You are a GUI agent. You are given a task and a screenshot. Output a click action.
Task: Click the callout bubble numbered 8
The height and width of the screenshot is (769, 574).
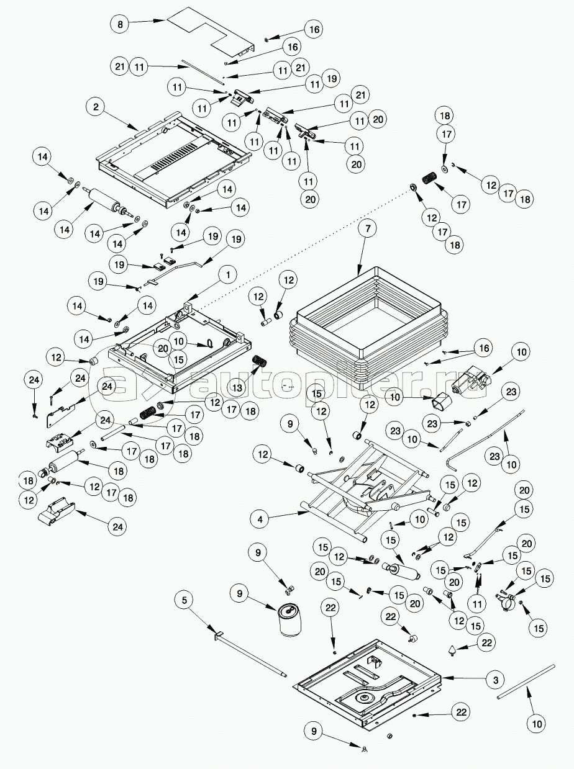(x=120, y=24)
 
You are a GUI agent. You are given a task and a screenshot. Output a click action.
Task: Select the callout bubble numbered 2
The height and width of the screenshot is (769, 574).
(x=95, y=107)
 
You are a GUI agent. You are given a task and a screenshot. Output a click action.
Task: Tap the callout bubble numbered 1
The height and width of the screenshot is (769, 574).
(x=227, y=274)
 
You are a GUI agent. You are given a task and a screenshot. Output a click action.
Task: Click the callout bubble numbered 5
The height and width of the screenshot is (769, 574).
(x=184, y=600)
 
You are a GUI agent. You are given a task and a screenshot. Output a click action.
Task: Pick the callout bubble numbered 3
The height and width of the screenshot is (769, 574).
(x=495, y=680)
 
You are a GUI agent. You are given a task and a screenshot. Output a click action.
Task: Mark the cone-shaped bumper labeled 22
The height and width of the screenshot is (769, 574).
(x=452, y=650)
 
